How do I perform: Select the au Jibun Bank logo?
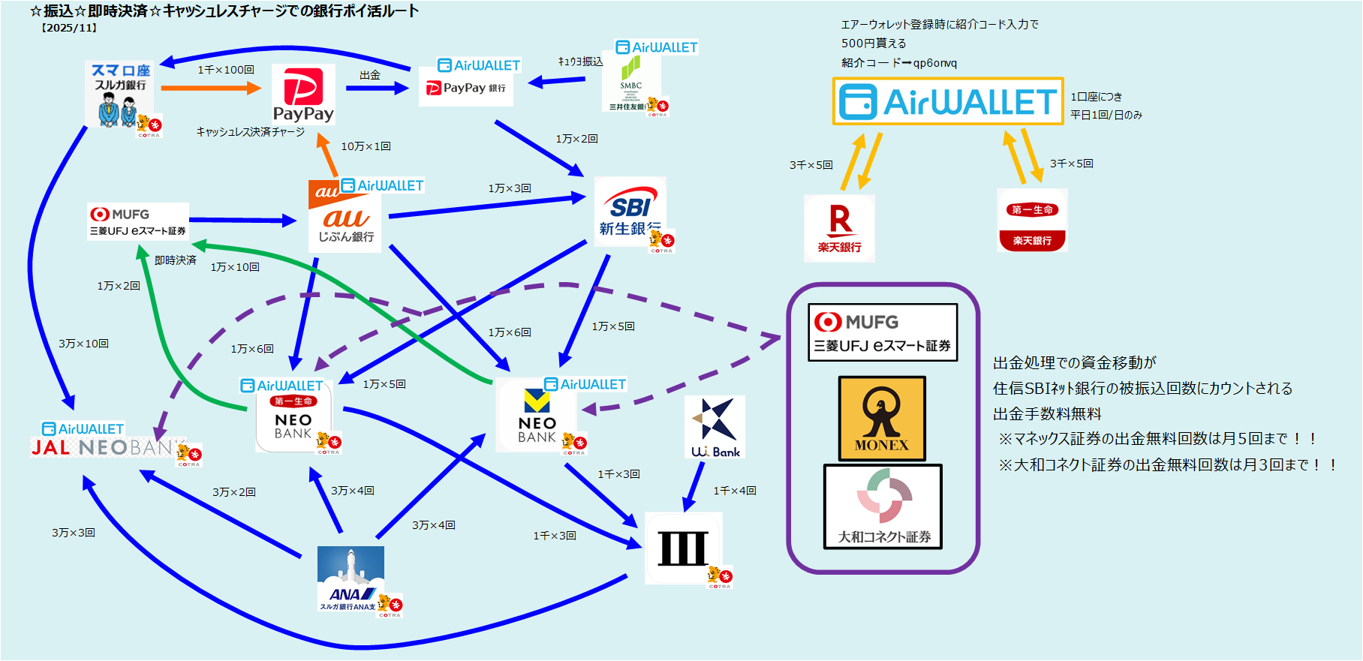click(345, 217)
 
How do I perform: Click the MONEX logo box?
click(882, 418)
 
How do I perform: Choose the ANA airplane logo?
click(351, 578)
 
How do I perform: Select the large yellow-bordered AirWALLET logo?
click(948, 101)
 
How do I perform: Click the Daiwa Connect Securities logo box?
click(883, 506)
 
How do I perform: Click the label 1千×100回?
click(226, 70)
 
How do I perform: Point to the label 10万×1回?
click(366, 146)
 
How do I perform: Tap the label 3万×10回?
click(83, 344)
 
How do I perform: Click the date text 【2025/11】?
click(69, 28)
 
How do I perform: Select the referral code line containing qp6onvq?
click(899, 63)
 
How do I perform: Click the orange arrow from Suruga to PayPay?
click(210, 88)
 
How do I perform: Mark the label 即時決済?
click(176, 260)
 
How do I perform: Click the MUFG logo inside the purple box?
click(882, 332)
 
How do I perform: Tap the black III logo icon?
click(683, 548)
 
